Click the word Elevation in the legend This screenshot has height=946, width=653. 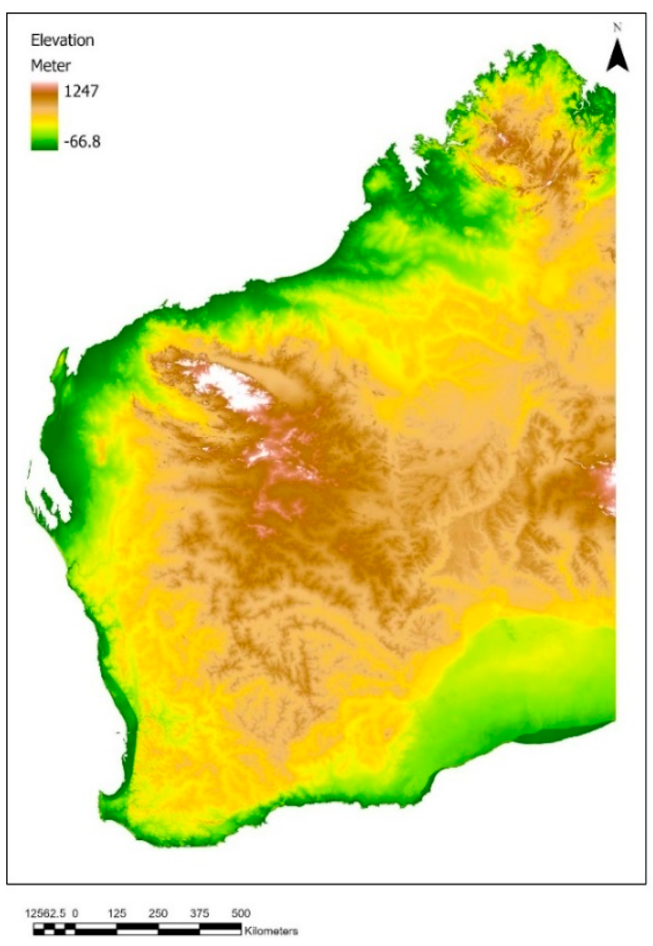click(x=62, y=41)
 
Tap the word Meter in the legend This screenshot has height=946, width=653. click(x=51, y=66)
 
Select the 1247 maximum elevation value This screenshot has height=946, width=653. click(x=81, y=90)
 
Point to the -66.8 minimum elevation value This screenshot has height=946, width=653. click(x=82, y=142)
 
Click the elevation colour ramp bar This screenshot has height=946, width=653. click(x=44, y=116)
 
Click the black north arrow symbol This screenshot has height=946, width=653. click(x=617, y=55)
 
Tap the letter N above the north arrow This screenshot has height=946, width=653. click(x=617, y=28)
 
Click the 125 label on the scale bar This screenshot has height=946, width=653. click(x=117, y=913)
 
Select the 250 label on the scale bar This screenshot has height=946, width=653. click(x=158, y=913)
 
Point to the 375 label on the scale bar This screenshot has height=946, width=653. click(x=199, y=913)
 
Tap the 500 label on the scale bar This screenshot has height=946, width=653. click(x=240, y=913)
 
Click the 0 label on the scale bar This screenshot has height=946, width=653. click(x=75, y=913)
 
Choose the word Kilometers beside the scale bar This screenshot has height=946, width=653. click(x=271, y=931)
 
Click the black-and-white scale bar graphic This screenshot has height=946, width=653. click(x=137, y=930)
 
